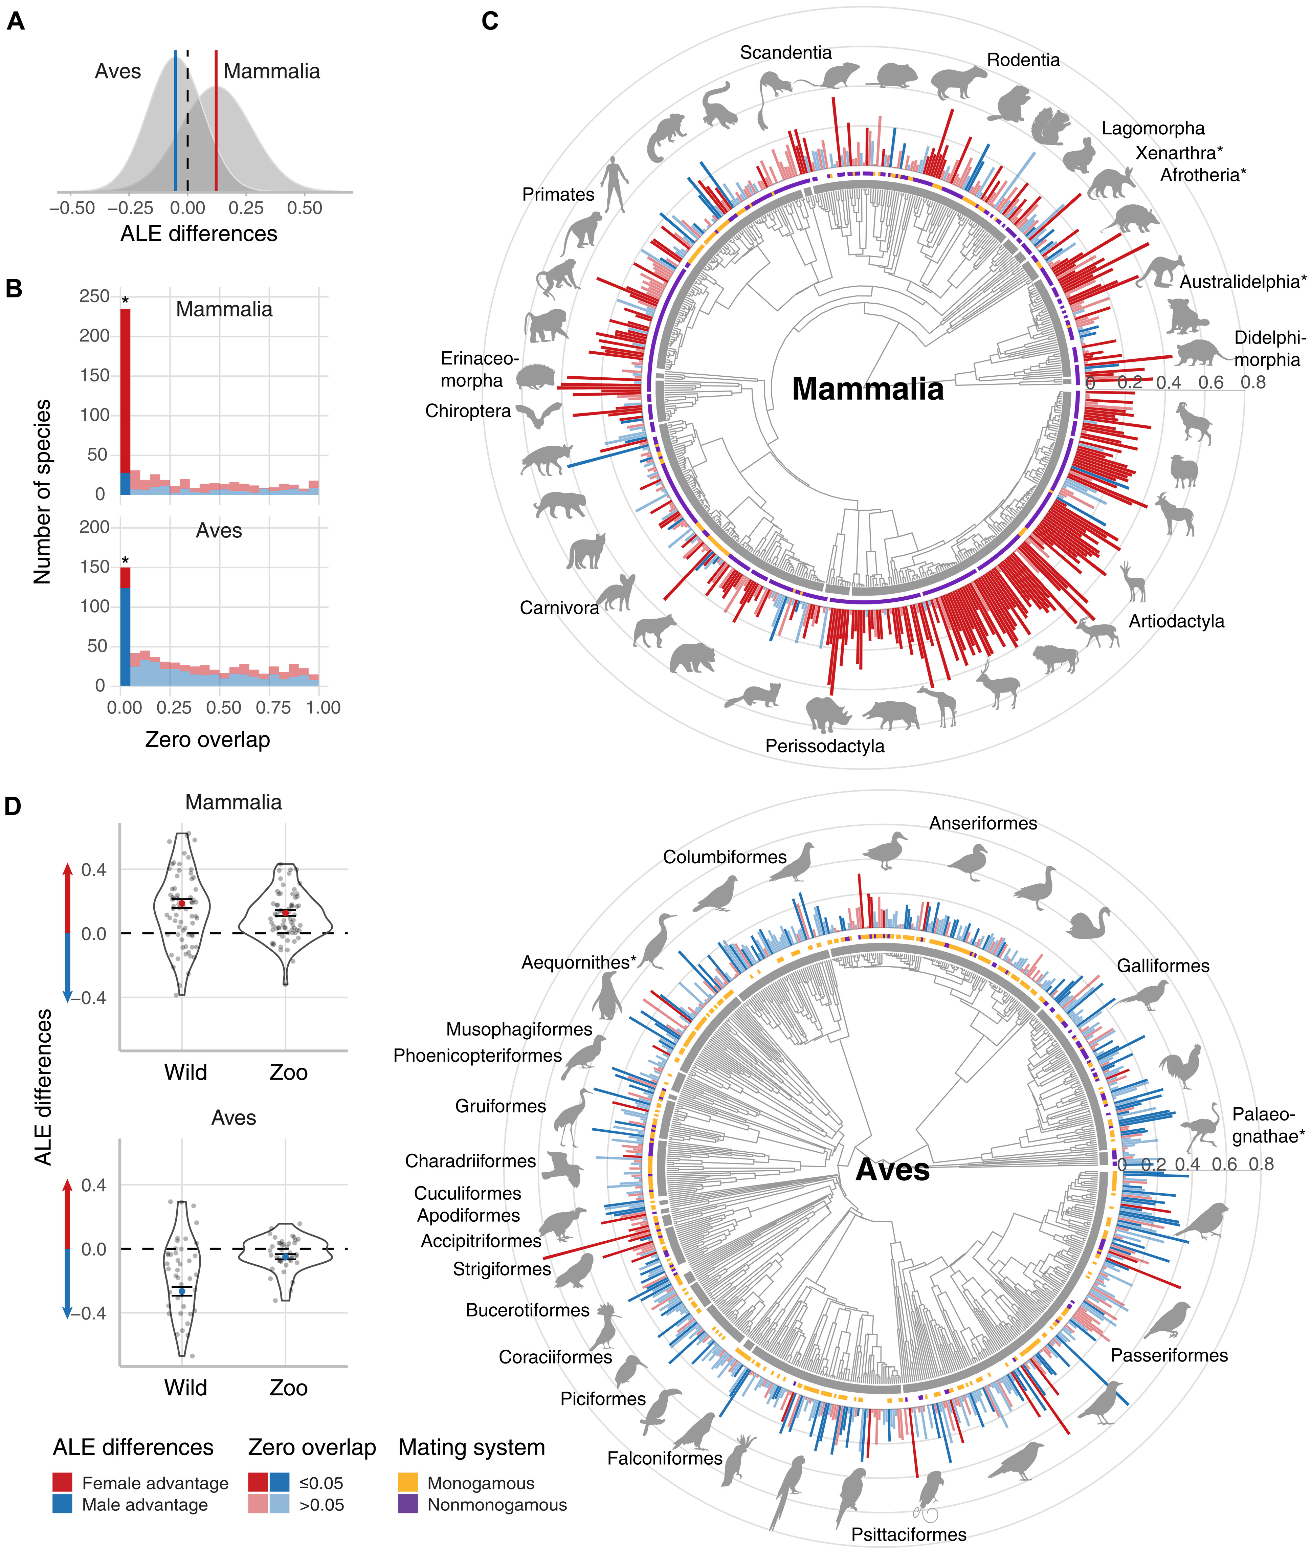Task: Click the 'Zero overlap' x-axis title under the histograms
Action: [207, 739]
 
